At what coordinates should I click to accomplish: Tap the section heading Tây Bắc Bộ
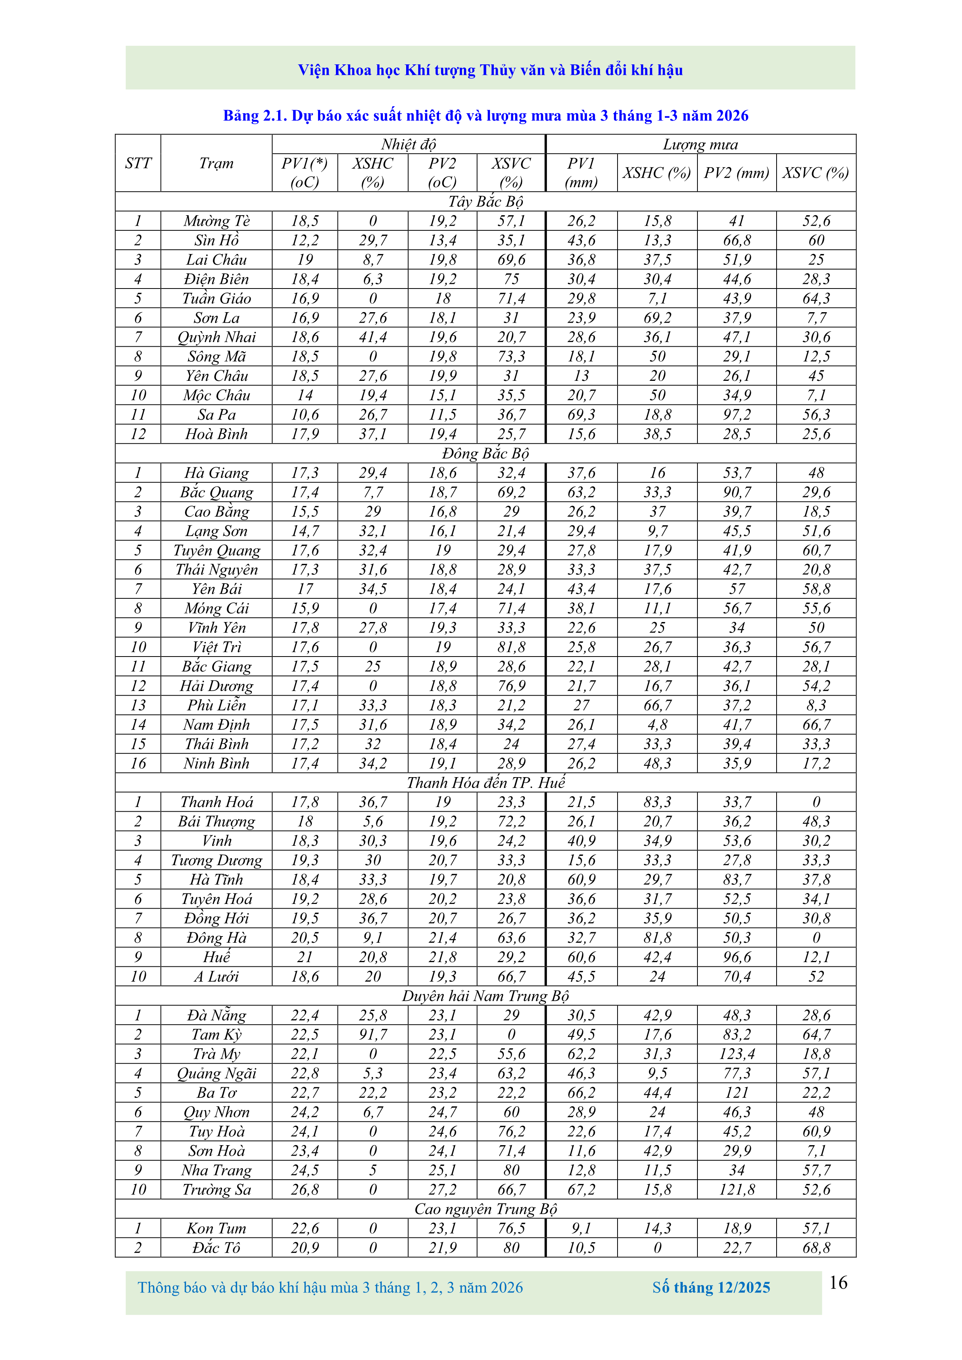(x=485, y=201)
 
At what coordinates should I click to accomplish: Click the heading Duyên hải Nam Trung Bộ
(x=485, y=996)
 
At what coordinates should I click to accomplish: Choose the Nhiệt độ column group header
(x=408, y=144)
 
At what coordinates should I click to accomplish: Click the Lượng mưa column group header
(x=700, y=144)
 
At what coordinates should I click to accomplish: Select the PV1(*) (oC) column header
(x=305, y=172)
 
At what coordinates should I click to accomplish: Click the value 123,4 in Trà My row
(x=737, y=1054)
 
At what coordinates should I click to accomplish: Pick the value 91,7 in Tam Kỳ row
(x=373, y=1034)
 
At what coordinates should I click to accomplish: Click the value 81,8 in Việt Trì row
(x=511, y=647)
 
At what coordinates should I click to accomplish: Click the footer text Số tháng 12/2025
(x=711, y=1287)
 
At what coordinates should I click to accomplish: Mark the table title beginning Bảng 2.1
(x=485, y=116)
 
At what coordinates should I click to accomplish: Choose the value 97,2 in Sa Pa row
(x=737, y=415)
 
